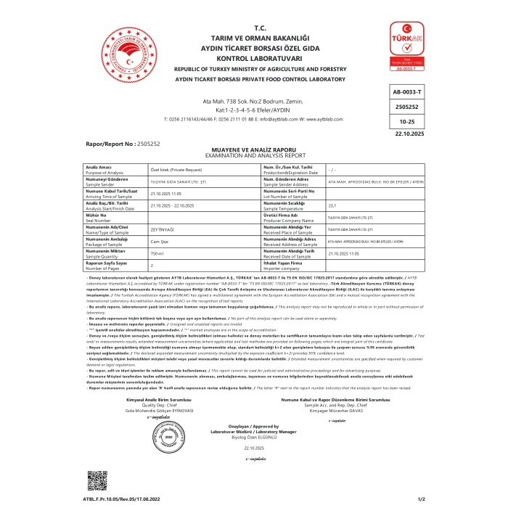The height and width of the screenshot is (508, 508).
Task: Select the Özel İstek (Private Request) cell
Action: [174, 169]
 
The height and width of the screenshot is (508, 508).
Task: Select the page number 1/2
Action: [422, 500]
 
